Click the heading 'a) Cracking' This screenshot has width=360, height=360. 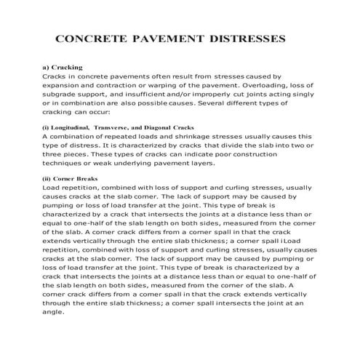[x=62, y=67]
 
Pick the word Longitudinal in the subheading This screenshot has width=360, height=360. [x=78, y=126]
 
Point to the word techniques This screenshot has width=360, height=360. [x=66, y=164]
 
